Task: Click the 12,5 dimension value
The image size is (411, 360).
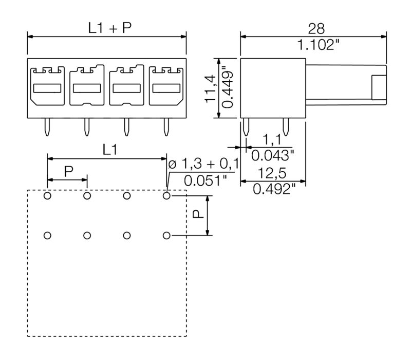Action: (273, 173)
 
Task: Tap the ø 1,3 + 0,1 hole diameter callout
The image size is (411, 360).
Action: (204, 165)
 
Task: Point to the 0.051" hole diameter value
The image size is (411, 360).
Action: (204, 181)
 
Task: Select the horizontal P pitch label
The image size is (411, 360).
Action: (68, 171)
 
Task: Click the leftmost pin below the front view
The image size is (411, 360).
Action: (47, 128)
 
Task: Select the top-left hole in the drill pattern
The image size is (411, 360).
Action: (47, 196)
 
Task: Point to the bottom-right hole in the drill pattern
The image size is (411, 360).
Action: (166, 236)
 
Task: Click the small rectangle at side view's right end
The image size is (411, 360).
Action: (379, 88)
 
